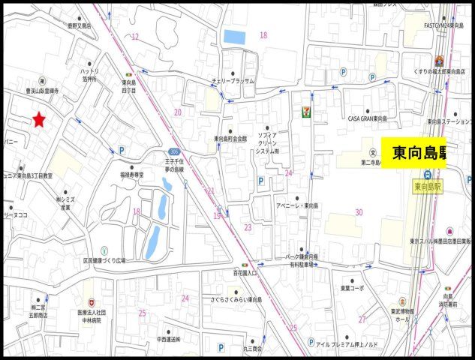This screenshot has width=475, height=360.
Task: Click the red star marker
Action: [39, 119]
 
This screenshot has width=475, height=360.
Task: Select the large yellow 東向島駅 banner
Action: [416, 153]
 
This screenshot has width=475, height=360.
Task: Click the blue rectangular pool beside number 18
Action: [234, 36]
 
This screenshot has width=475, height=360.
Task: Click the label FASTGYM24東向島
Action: [443, 25]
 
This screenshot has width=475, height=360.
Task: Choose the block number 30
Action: [359, 212]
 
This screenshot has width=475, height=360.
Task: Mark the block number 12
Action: [135, 36]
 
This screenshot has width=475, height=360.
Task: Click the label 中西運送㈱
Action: [168, 339]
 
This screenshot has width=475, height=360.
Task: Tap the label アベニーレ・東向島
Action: [297, 205]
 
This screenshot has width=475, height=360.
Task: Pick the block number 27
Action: [362, 319]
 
